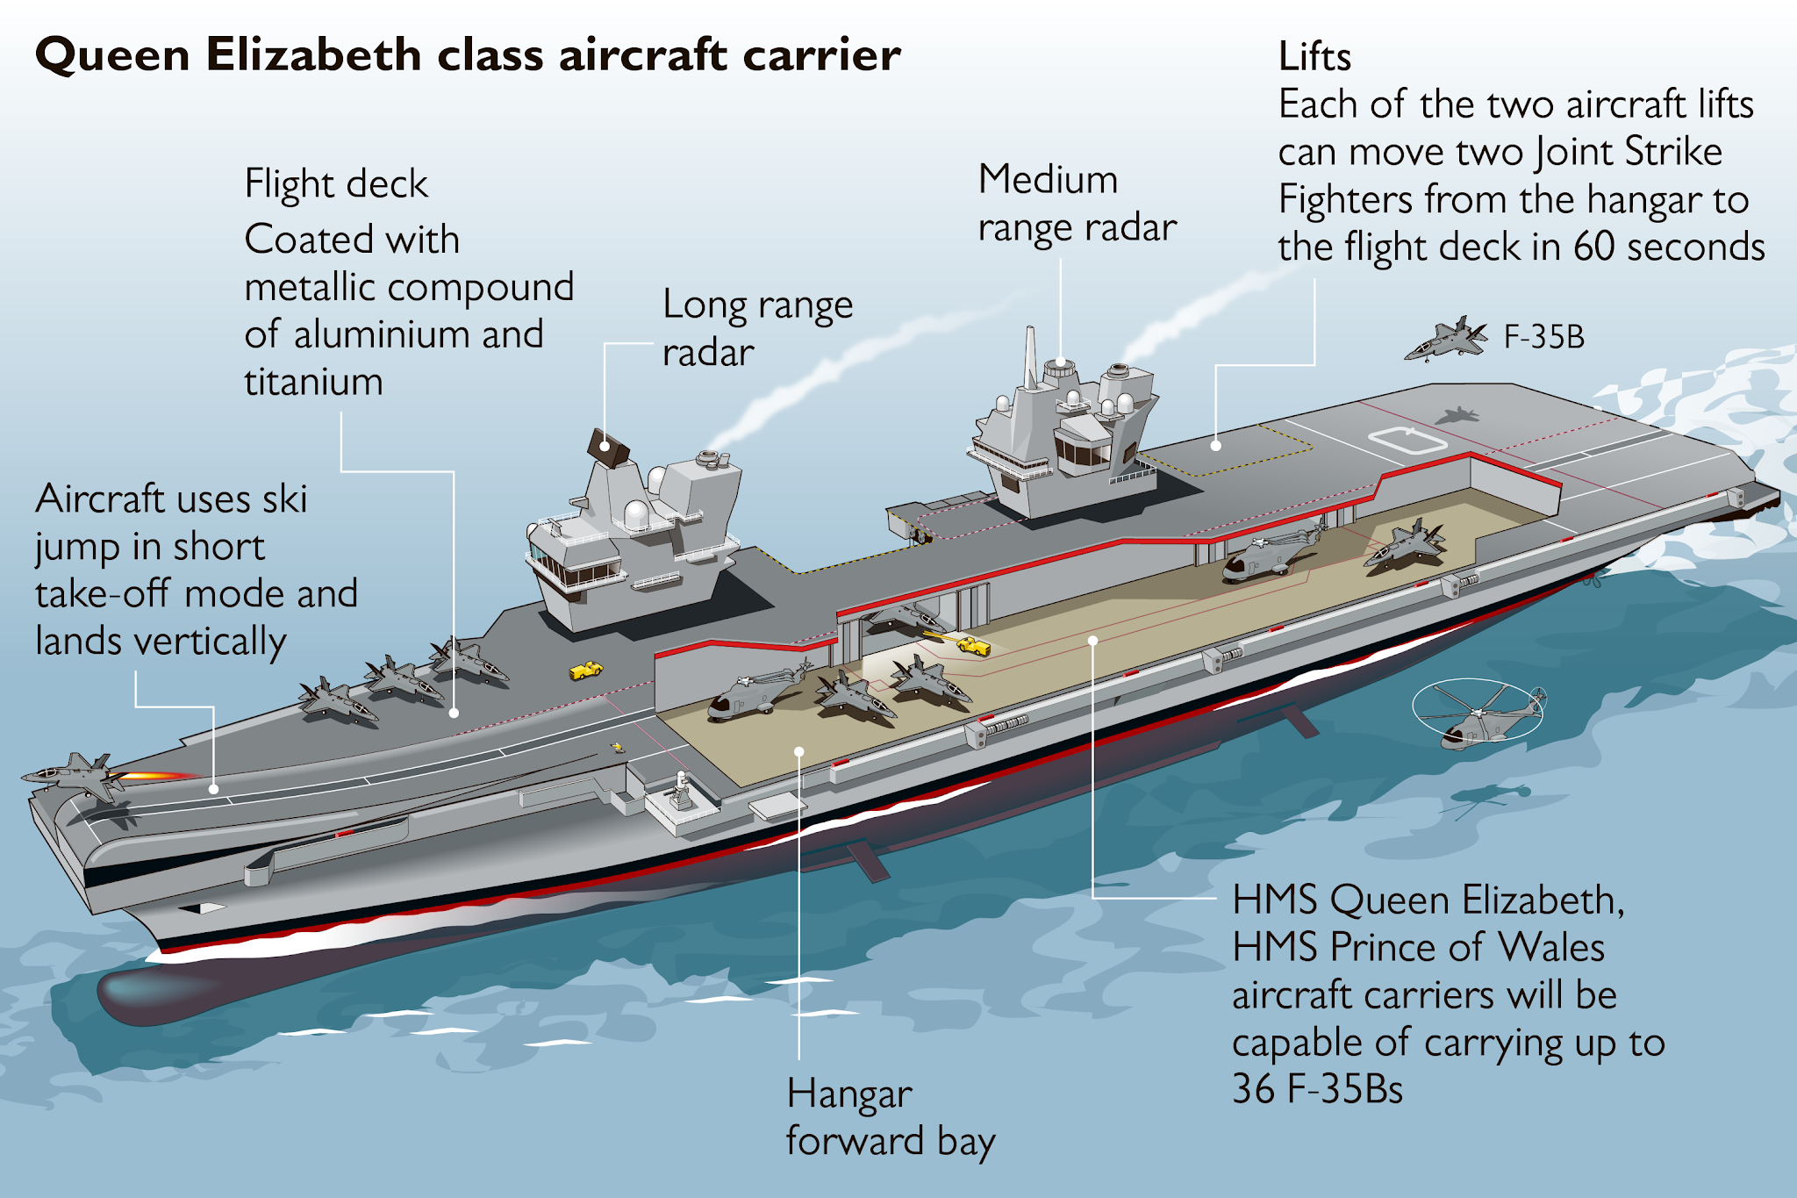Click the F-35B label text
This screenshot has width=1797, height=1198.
(1543, 337)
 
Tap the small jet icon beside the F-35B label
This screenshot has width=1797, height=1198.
(1446, 339)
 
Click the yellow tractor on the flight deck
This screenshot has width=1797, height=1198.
(585, 671)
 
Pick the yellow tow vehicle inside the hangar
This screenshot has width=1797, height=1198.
(973, 646)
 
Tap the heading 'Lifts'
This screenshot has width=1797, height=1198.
(1314, 57)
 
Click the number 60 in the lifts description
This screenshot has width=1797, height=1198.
(1593, 247)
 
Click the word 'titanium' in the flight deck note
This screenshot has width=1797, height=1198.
(313, 383)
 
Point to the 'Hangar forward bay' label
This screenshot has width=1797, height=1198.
(889, 1118)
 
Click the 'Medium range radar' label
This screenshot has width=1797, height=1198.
(1076, 204)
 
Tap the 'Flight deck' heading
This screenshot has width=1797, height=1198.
(336, 184)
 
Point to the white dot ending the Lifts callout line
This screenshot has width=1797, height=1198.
(1216, 446)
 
